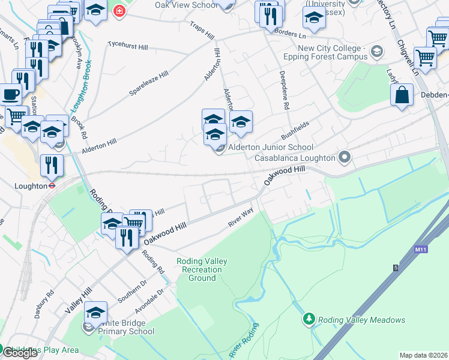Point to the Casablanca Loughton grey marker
tap(345, 158)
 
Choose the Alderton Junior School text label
tap(270, 147)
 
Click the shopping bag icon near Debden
tap(402, 96)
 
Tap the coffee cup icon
tap(9, 95)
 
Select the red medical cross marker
tap(119, 11)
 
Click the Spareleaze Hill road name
tap(148, 83)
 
